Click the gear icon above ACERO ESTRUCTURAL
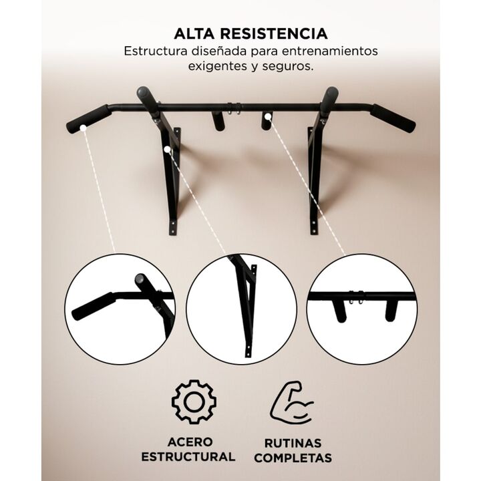(194, 402)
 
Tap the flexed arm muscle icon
(291, 402)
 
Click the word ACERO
(190, 442)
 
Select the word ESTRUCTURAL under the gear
(188, 457)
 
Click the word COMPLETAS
(293, 458)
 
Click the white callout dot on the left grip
(83, 128)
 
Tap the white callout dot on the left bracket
(167, 150)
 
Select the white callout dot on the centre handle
(268, 116)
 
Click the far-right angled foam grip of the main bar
(393, 118)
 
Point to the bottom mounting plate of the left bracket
(173, 227)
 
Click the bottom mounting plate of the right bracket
(313, 226)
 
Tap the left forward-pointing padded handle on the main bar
(148, 101)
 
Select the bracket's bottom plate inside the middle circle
(248, 350)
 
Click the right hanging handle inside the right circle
(391, 311)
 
